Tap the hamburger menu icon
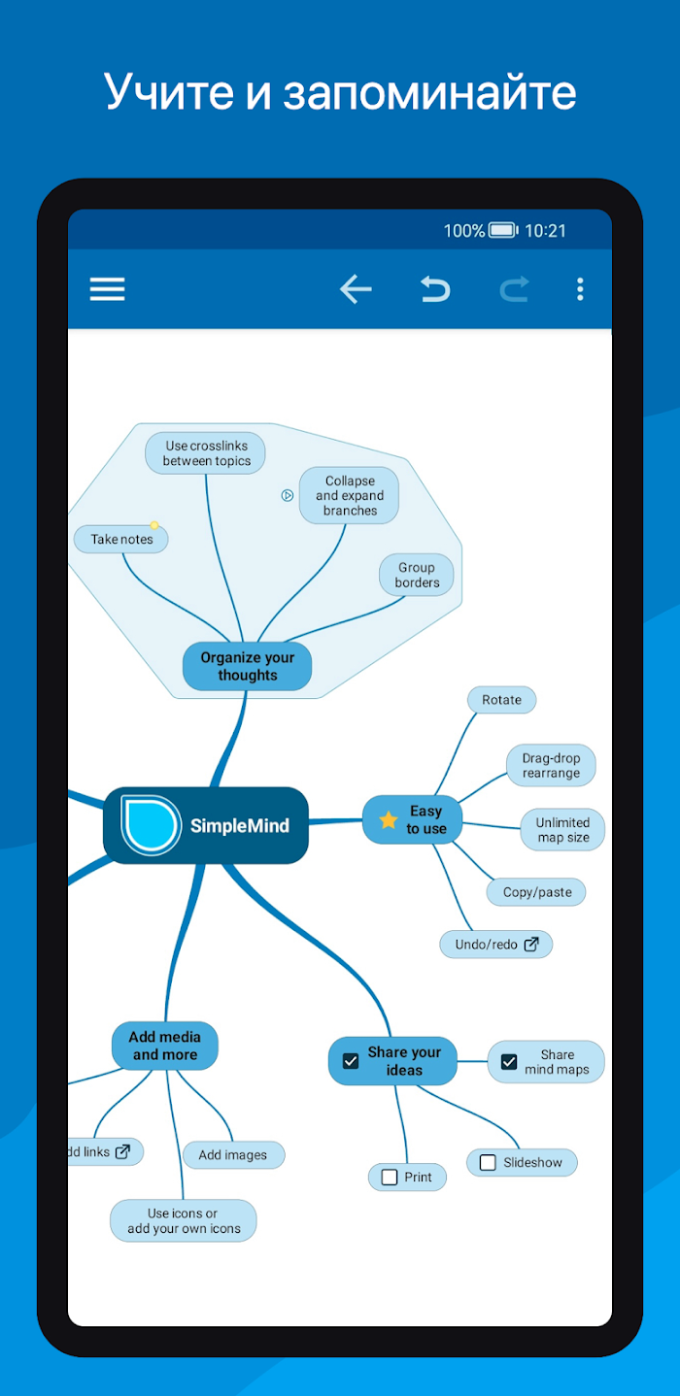coord(107,289)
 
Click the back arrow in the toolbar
coord(356,289)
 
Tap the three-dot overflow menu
coord(580,289)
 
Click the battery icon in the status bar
coord(503,231)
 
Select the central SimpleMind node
coord(206,825)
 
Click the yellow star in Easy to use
coord(388,819)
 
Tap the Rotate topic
coord(501,700)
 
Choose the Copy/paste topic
coord(536,892)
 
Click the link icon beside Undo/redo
coord(531,944)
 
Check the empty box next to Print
coord(390,1177)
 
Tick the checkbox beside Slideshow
coord(488,1162)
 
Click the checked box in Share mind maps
coord(509,1061)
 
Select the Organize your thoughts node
coord(247,666)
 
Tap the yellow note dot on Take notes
coord(154,525)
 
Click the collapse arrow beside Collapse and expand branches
coord(287,495)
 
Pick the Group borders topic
coord(416,575)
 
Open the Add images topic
coord(234,1155)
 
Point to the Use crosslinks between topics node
coord(205,453)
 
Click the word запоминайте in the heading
coord(429,91)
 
